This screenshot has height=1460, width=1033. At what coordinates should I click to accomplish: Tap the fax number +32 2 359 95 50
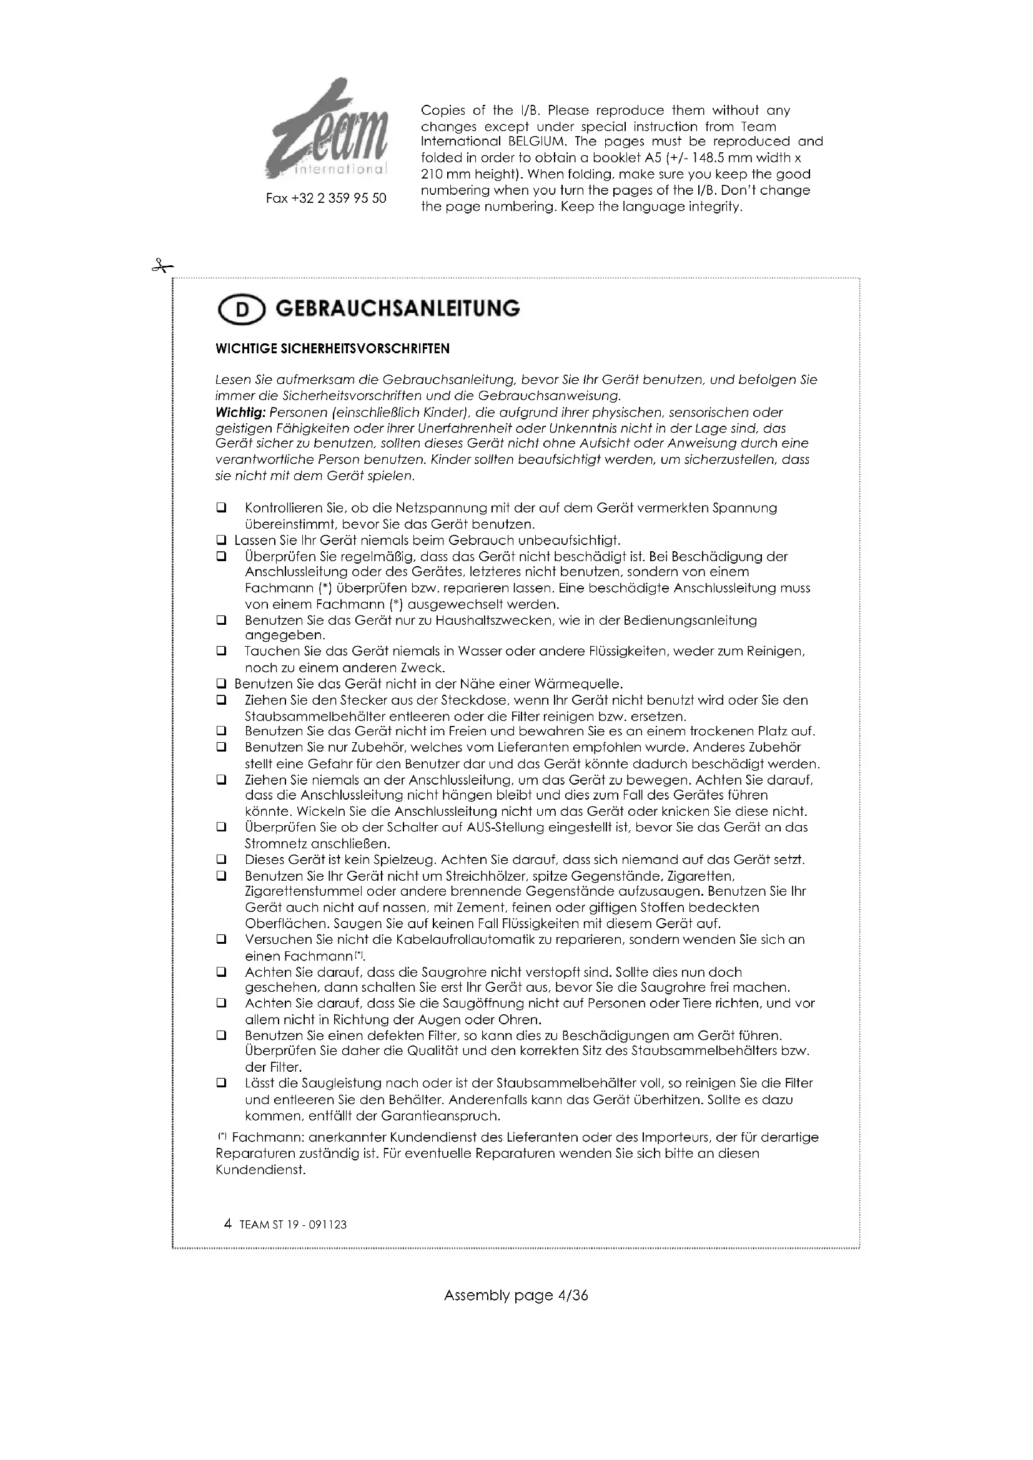(325, 198)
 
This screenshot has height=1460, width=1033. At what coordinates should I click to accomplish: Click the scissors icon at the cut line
(162, 267)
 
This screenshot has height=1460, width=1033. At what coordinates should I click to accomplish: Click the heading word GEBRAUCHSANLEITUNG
(398, 309)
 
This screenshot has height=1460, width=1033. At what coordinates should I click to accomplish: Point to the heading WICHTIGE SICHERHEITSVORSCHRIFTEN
(333, 348)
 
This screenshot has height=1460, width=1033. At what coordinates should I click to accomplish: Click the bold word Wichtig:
(241, 412)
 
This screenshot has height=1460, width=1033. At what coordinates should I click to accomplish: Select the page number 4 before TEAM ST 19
(228, 1224)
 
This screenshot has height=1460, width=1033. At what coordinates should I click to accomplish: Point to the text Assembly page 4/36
(516, 1295)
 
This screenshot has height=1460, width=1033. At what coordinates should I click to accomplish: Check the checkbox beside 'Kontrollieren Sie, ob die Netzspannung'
(221, 509)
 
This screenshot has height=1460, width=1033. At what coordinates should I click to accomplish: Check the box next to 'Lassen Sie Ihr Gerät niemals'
(221, 541)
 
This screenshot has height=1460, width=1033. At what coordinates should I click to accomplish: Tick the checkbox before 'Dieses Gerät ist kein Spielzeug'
(221, 860)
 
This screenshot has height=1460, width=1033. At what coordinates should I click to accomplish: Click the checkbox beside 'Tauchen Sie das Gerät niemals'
(221, 652)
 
